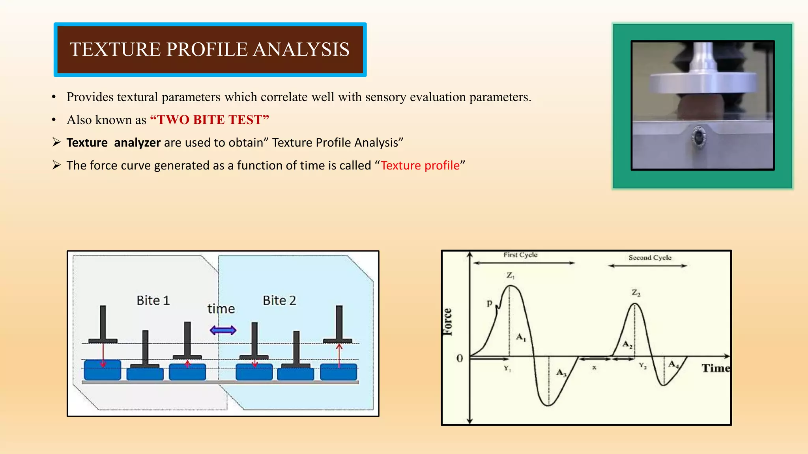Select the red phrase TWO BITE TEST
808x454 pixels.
[x=209, y=120]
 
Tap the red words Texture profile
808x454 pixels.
[x=420, y=166]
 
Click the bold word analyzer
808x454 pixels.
[x=137, y=143]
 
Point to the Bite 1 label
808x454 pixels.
[x=153, y=301]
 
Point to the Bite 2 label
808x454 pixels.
[x=279, y=301]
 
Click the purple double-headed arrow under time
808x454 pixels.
[x=223, y=330]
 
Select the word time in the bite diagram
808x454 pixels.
[x=221, y=309]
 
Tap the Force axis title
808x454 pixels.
[x=447, y=322]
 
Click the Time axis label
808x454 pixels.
[x=715, y=368]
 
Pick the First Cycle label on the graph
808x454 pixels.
[x=520, y=255]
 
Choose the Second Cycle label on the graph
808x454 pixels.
[x=649, y=258]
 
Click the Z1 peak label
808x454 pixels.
[x=511, y=275]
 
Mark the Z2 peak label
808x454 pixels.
[x=636, y=293]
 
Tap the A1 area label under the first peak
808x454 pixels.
[x=521, y=337]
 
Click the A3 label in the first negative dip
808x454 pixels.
[x=561, y=372]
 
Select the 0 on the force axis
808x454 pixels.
[x=460, y=359]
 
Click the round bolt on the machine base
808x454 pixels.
[x=699, y=138]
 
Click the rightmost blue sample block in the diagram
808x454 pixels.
[x=339, y=372]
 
